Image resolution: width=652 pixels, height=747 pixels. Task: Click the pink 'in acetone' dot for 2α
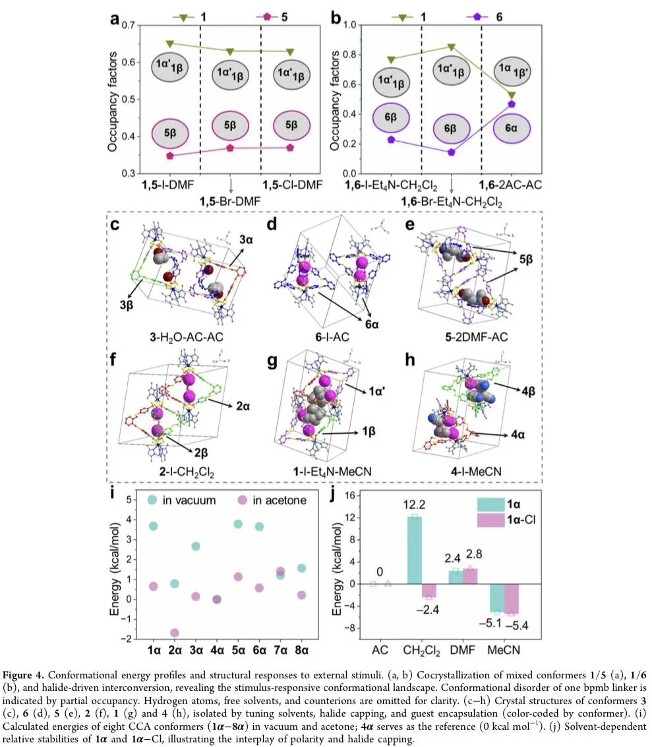click(x=174, y=633)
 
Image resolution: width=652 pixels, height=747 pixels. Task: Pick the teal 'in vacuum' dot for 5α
click(x=238, y=524)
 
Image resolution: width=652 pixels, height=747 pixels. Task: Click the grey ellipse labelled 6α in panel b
click(x=511, y=129)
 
